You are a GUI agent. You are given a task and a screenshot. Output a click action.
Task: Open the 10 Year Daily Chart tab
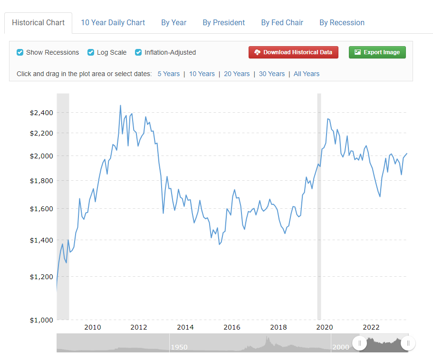pos(113,22)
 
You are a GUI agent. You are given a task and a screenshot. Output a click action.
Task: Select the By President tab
pos(223,22)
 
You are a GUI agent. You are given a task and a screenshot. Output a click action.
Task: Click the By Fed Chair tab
pos(282,22)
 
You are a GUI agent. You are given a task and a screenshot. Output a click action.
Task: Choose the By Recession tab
pos(342,22)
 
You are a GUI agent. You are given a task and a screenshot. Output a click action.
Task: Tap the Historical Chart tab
pos(38,23)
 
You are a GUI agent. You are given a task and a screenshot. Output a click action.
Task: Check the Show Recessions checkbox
pos(20,52)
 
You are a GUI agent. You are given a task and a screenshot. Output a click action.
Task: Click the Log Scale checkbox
pos(91,52)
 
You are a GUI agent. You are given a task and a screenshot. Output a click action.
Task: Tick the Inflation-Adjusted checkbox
pos(139,52)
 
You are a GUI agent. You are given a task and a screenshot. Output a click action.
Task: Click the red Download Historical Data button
pos(293,52)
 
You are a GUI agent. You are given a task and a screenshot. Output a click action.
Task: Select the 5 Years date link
pos(169,74)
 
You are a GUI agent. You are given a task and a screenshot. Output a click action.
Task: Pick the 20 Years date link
pos(237,74)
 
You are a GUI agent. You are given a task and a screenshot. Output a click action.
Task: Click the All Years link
pos(307,74)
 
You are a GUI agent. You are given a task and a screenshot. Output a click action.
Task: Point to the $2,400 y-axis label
pos(41,113)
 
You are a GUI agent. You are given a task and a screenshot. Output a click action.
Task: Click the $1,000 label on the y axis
pos(41,320)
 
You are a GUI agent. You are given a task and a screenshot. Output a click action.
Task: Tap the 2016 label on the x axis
pos(231,327)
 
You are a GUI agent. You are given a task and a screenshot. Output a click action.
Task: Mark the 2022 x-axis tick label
pos(371,327)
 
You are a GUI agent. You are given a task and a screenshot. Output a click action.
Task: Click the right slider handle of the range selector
pos(408,343)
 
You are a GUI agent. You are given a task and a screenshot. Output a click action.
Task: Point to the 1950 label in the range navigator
pos(179,347)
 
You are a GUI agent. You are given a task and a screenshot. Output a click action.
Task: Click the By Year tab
pos(173,22)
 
